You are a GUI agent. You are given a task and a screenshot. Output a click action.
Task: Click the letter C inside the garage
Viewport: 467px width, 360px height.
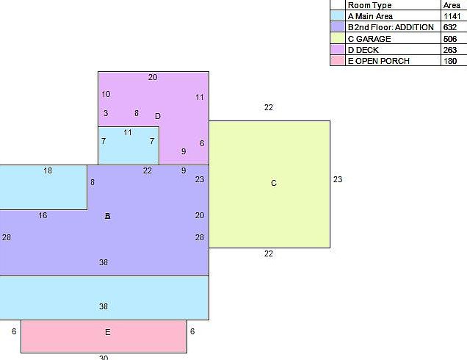click(x=274, y=183)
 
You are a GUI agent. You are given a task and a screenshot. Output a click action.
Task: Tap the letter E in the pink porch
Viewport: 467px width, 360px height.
click(x=107, y=332)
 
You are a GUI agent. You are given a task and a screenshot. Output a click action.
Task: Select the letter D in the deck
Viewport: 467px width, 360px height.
click(x=158, y=116)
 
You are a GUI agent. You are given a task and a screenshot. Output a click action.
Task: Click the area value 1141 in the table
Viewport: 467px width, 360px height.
click(x=452, y=15)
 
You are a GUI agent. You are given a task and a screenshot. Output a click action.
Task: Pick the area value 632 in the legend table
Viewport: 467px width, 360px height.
click(x=449, y=27)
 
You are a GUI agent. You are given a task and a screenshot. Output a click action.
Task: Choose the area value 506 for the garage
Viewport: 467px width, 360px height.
click(x=449, y=38)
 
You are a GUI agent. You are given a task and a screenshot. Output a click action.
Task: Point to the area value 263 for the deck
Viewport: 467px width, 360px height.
click(x=449, y=50)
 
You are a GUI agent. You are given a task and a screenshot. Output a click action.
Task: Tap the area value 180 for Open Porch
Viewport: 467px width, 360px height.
click(x=449, y=61)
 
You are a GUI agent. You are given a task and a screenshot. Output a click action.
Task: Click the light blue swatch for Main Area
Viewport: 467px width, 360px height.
click(x=338, y=15)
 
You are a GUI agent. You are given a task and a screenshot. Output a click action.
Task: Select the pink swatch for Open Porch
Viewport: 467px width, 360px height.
click(x=338, y=61)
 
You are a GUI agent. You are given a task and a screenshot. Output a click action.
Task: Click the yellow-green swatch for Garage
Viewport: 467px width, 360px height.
click(x=338, y=38)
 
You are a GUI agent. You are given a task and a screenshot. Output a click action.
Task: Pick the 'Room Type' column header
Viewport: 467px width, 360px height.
click(x=369, y=5)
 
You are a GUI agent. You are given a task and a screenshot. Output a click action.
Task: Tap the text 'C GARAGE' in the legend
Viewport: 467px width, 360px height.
click(x=369, y=38)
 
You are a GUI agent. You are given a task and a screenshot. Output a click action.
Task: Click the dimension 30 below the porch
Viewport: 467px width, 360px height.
click(x=104, y=357)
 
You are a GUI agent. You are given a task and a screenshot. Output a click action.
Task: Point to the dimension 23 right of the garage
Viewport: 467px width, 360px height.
click(x=338, y=179)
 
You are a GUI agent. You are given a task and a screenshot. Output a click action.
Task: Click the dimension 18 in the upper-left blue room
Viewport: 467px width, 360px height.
click(x=48, y=170)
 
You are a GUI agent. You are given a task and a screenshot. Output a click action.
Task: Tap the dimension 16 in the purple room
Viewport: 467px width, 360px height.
click(x=43, y=215)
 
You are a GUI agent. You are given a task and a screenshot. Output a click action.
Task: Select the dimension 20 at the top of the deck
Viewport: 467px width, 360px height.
click(x=153, y=77)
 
